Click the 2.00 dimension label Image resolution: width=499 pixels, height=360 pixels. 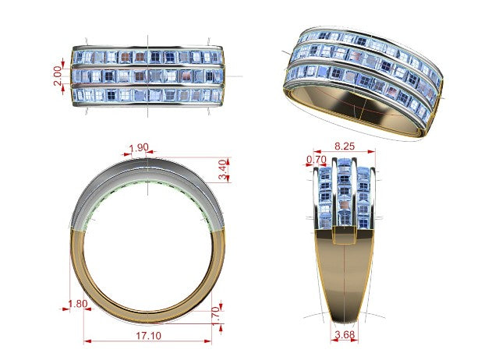[x=58, y=76]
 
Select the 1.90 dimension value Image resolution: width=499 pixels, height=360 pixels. [x=139, y=147]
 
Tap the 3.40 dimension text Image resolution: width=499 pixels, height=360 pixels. [x=224, y=170]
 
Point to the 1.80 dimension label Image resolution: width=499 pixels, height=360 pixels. [x=78, y=304]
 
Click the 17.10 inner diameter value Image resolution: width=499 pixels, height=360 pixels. [x=149, y=336]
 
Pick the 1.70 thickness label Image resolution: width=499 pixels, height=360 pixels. [x=215, y=315]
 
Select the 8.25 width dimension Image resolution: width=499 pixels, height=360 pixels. [x=345, y=146]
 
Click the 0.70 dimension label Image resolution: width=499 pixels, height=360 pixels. [x=317, y=159]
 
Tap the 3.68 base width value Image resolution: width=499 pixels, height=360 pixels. [x=345, y=334]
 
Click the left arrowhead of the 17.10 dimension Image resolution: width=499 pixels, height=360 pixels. [x=87, y=341]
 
